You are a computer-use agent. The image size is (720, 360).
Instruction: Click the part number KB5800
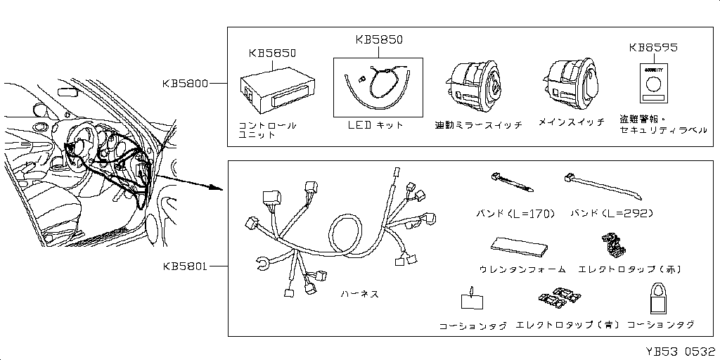(186, 84)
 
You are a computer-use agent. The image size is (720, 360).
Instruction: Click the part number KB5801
(186, 267)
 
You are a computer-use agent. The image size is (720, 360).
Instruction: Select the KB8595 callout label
(653, 48)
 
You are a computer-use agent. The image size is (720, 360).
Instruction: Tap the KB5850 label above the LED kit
(379, 40)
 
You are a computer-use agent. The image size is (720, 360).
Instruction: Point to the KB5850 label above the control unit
(272, 53)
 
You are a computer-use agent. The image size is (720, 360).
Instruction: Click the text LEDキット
(376, 124)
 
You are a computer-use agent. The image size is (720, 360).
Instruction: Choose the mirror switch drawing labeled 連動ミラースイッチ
(475, 84)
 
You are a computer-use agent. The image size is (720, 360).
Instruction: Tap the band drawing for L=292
(601, 186)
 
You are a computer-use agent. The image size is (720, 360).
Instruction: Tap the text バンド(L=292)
(612, 213)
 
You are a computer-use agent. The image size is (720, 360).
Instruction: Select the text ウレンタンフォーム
(522, 269)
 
